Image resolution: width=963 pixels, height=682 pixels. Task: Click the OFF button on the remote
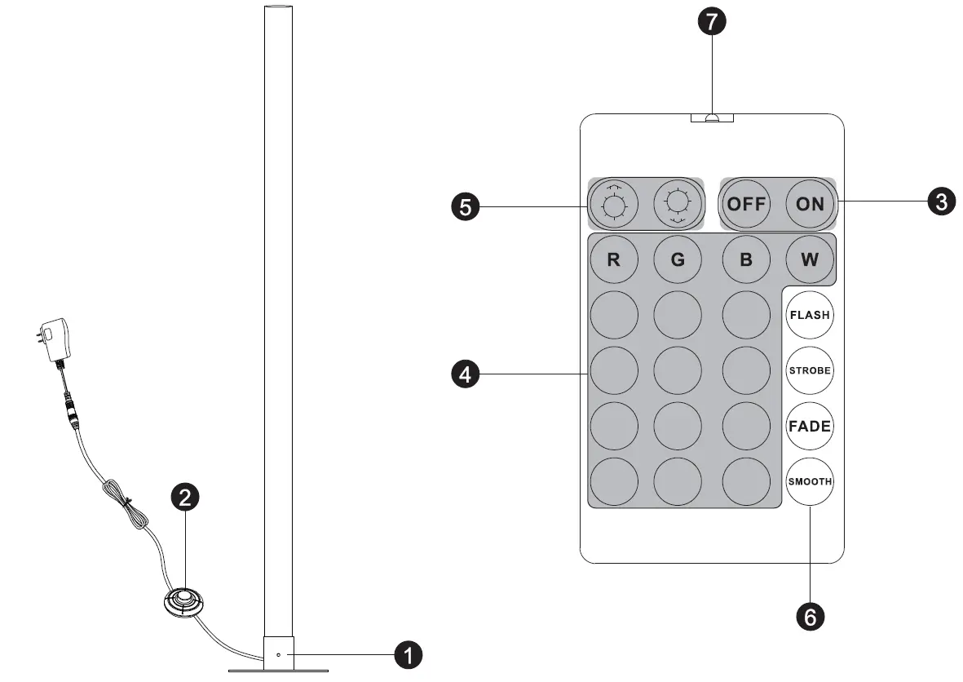click(x=745, y=203)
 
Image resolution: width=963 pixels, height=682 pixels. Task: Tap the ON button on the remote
click(x=810, y=203)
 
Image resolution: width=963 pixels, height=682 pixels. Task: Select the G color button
click(x=678, y=260)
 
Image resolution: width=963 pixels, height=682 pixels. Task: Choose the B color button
click(x=746, y=260)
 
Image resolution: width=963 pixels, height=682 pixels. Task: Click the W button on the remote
click(x=810, y=260)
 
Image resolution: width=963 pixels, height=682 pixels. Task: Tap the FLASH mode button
click(x=810, y=315)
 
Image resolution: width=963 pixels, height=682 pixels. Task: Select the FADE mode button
click(x=810, y=426)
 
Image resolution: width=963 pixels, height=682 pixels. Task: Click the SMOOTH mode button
click(x=810, y=481)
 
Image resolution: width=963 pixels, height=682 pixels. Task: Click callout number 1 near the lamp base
click(x=408, y=654)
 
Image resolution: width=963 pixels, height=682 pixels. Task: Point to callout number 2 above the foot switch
click(x=185, y=498)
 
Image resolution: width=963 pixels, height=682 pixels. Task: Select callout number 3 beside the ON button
click(x=942, y=201)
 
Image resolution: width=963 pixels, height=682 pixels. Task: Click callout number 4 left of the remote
click(x=465, y=374)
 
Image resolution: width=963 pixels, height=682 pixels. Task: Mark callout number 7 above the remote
click(x=712, y=22)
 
